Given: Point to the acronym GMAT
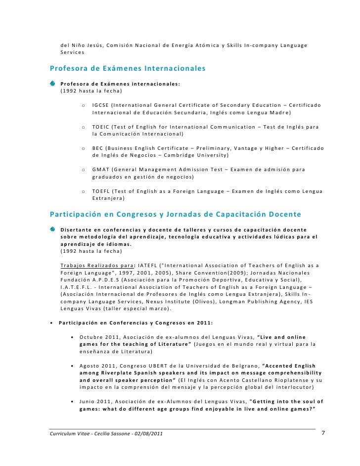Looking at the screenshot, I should [101, 170].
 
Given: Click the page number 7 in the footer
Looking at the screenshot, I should [323, 433].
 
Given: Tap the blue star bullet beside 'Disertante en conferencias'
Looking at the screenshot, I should [53, 229].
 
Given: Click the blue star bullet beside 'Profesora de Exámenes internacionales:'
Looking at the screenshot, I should [53, 84].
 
